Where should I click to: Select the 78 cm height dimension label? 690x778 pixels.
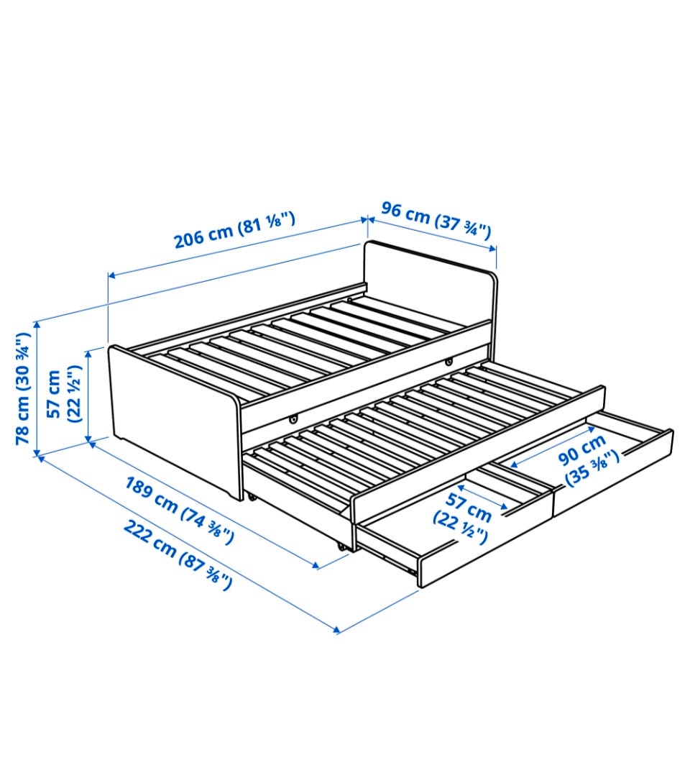(23, 388)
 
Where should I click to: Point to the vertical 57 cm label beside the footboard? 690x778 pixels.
(63, 394)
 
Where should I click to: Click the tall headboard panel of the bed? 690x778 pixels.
(430, 283)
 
